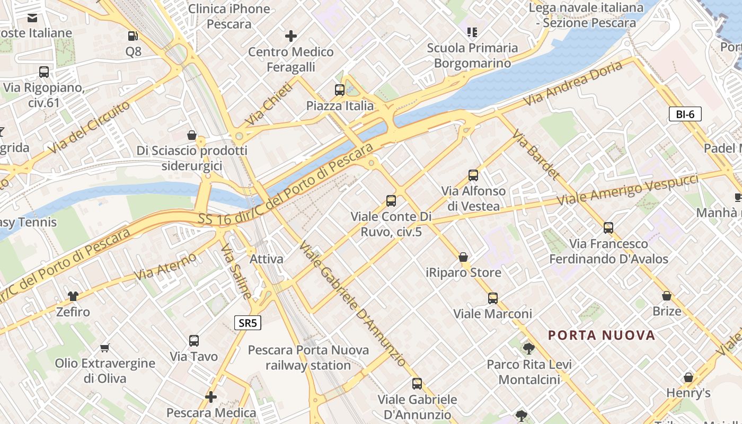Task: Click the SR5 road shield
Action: (x=248, y=323)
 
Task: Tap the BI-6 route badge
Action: (x=685, y=114)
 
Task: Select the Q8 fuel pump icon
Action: (x=134, y=36)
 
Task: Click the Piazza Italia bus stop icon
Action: (x=340, y=90)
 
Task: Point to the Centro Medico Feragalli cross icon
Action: (x=290, y=36)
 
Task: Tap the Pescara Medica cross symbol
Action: (x=211, y=396)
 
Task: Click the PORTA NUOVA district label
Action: (x=602, y=335)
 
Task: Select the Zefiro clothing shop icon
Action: (x=73, y=296)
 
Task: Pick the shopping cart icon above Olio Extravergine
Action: (x=104, y=348)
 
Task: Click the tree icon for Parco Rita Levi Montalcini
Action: (x=528, y=348)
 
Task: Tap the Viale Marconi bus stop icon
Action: (x=493, y=298)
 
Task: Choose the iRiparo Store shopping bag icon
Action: (x=463, y=257)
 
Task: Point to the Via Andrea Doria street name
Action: (x=572, y=83)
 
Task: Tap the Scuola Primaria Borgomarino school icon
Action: (x=472, y=32)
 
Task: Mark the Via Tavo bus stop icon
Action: (x=194, y=340)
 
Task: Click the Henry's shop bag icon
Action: (x=688, y=377)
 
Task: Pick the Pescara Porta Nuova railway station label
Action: (x=308, y=358)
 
